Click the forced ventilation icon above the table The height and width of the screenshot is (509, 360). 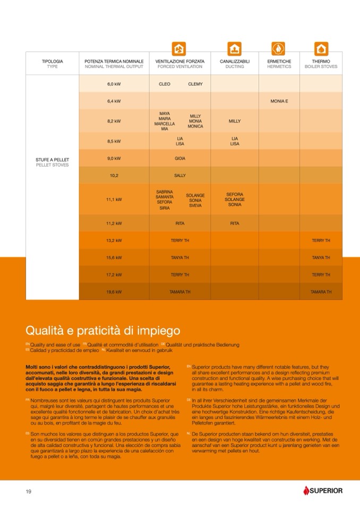(179, 49)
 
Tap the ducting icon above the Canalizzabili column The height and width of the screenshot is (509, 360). (234, 49)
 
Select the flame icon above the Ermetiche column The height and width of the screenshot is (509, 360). (279, 49)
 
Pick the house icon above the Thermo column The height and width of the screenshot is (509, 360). (321, 49)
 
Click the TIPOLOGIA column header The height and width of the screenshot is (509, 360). (52, 64)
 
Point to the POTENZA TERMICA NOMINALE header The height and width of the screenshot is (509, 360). (114, 64)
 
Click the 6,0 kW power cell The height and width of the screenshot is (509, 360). (114, 84)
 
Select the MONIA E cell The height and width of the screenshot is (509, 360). (279, 101)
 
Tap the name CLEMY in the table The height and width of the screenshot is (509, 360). (195, 84)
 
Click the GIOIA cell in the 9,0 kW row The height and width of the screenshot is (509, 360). (180, 158)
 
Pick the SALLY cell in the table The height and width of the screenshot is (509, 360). (180, 175)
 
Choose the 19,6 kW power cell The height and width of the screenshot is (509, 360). (114, 292)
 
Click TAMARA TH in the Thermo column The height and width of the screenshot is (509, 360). (321, 292)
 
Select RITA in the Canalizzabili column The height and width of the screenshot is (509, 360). (235, 223)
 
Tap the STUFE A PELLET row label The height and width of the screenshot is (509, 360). (52, 159)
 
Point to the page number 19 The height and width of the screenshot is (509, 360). (29, 491)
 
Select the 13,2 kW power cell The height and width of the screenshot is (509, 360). (114, 240)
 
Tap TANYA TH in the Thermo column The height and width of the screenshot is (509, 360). (321, 257)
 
